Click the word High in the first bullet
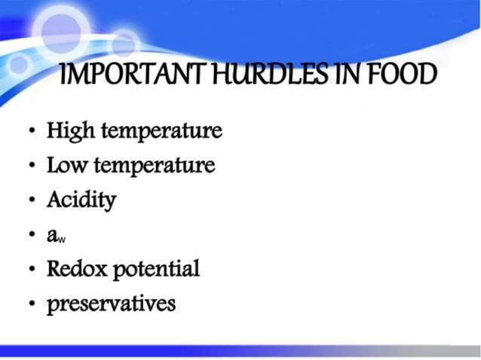point(69,131)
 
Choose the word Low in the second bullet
point(67,165)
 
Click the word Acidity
point(81,200)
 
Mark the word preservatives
point(111,304)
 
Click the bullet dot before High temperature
point(32,133)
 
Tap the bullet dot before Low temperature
point(32,166)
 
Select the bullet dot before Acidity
point(32,200)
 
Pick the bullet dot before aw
point(32,235)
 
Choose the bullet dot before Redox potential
point(32,270)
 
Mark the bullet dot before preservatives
point(32,304)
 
